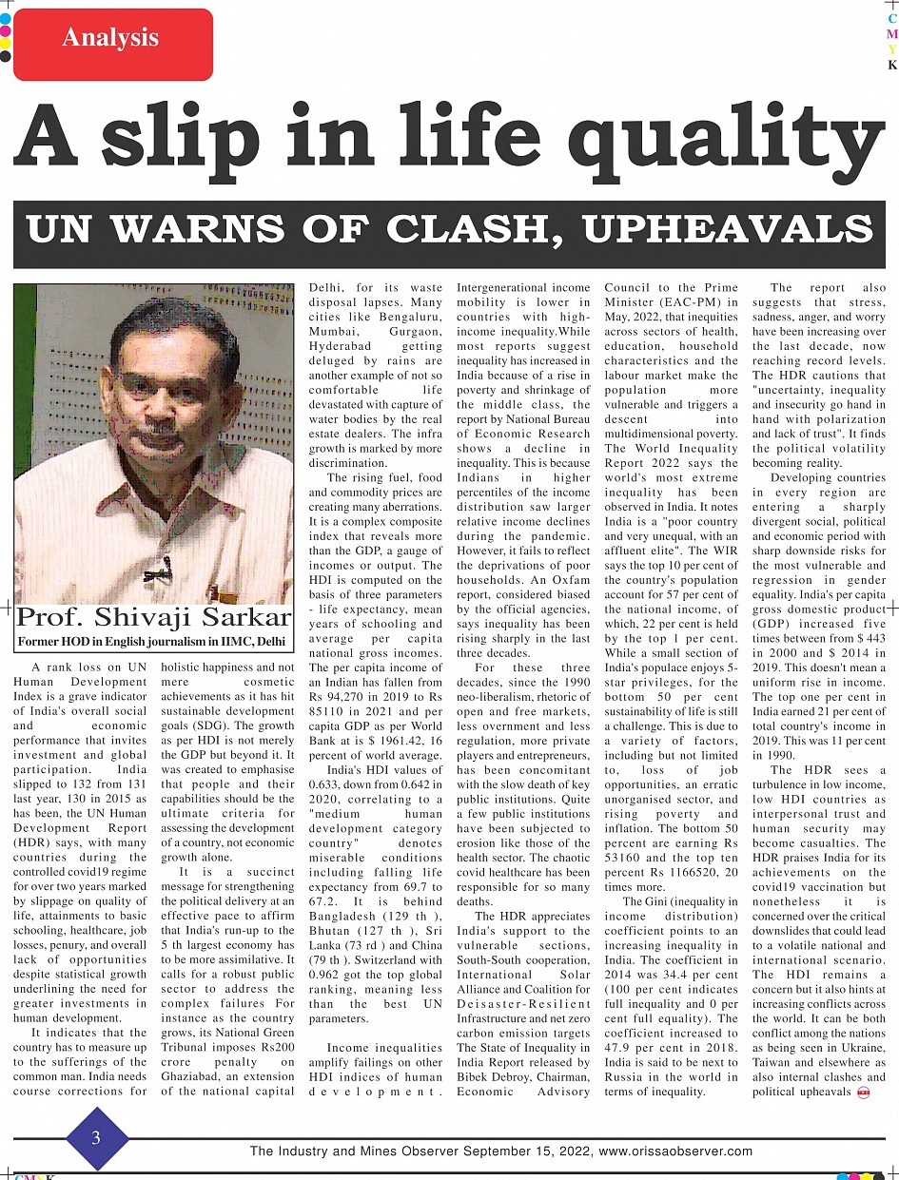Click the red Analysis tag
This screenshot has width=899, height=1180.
pos(112,41)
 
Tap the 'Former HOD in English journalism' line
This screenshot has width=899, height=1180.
pos(152,642)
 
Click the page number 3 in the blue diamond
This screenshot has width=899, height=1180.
pos(96,1138)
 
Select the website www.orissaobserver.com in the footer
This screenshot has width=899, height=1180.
pos(674,1151)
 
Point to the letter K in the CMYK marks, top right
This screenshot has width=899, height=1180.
pos(892,66)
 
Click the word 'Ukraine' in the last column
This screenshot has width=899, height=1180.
pos(861,1047)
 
